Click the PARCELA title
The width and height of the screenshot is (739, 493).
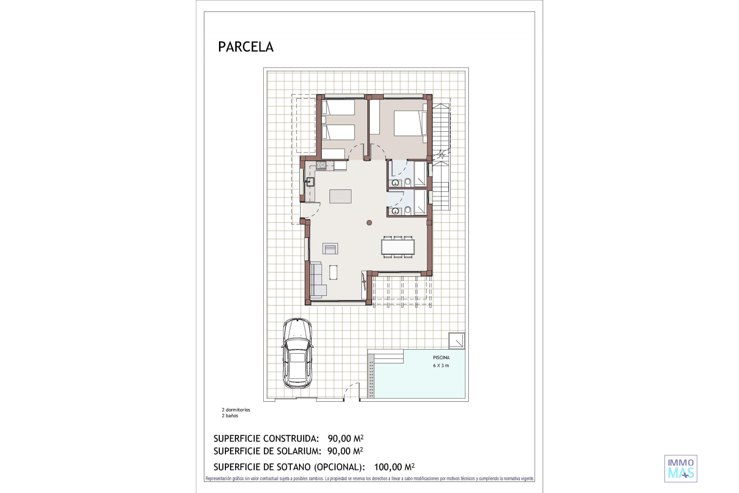click(246, 47)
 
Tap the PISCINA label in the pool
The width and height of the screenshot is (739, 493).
click(441, 357)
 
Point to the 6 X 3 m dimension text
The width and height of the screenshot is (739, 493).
click(441, 366)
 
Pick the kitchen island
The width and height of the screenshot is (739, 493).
click(340, 196)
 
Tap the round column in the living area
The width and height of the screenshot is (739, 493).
click(369, 222)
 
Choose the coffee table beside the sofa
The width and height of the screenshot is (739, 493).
click(333, 272)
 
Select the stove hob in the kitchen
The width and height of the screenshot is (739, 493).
click(321, 166)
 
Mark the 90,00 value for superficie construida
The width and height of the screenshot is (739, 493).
click(339, 438)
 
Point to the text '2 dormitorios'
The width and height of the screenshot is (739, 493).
click(236, 410)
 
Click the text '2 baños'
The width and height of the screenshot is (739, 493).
click(230, 416)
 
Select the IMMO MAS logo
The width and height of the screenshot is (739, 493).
click(681, 468)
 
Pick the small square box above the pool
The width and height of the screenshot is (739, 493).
click(457, 340)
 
